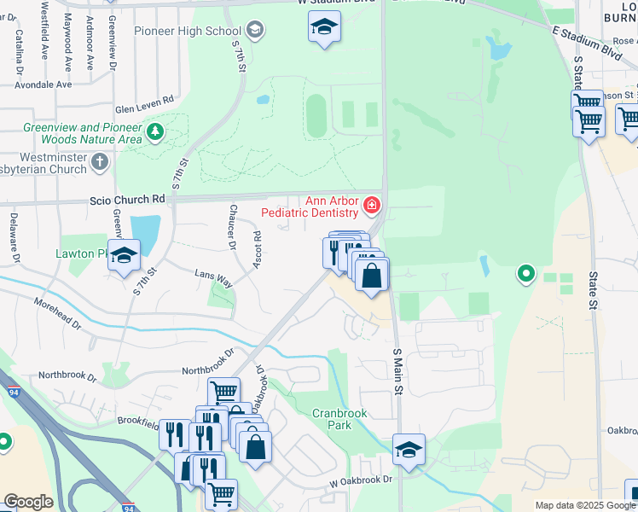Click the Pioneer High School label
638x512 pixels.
click(x=188, y=32)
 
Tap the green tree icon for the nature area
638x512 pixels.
click(x=154, y=131)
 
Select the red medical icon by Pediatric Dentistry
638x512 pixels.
click(x=371, y=205)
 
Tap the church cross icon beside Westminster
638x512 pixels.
click(x=100, y=161)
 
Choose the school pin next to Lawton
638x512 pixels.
click(x=124, y=256)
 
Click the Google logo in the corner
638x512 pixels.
click(x=28, y=502)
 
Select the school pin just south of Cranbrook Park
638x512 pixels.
click(x=409, y=449)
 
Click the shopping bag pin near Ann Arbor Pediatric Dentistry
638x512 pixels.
click(x=371, y=276)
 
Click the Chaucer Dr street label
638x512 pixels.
click(x=231, y=227)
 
